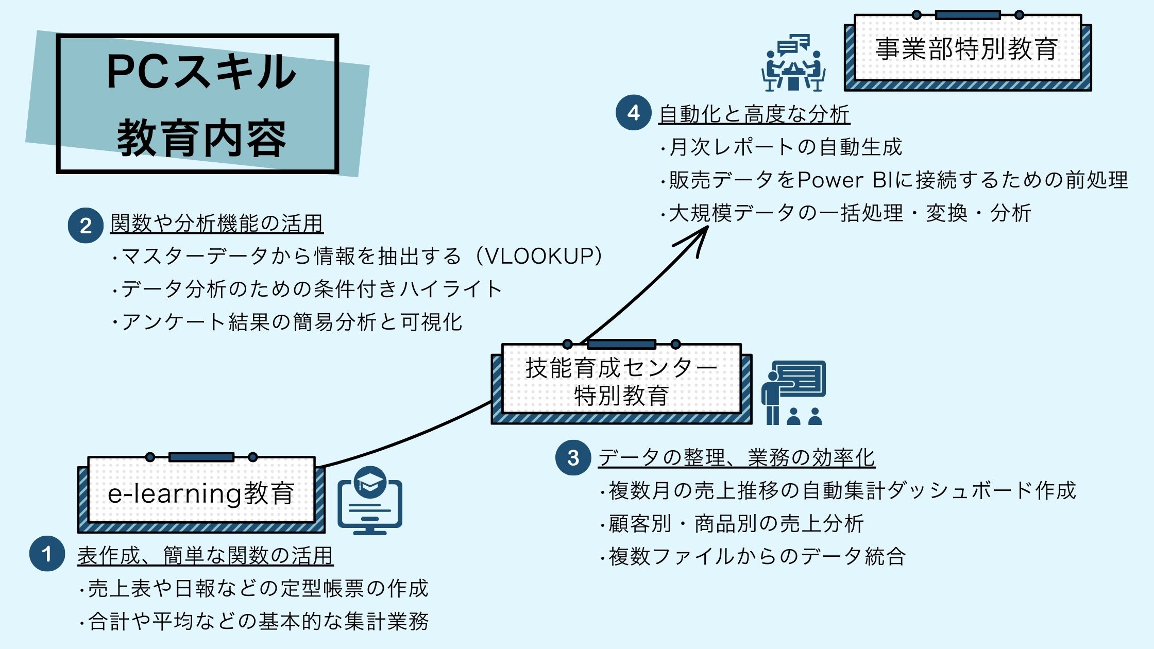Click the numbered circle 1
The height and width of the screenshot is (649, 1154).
47,554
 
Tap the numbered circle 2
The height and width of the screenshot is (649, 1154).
86,225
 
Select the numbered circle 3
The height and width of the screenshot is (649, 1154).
573,457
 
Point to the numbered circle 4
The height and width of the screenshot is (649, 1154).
634,112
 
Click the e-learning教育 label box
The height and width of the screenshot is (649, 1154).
201,493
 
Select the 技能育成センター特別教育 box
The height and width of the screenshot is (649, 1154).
621,382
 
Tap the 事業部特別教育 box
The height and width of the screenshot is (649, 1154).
967,49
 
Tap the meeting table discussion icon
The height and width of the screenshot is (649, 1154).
793,63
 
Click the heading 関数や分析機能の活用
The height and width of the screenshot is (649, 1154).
216,224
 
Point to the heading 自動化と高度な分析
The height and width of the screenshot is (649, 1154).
754,114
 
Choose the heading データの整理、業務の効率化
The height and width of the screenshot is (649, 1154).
737,457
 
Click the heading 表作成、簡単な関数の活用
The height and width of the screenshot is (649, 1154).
205,555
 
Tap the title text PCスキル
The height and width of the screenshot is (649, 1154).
201,72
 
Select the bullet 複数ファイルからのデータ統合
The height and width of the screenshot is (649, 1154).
757,556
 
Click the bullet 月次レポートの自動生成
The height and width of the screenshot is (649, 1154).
785,147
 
